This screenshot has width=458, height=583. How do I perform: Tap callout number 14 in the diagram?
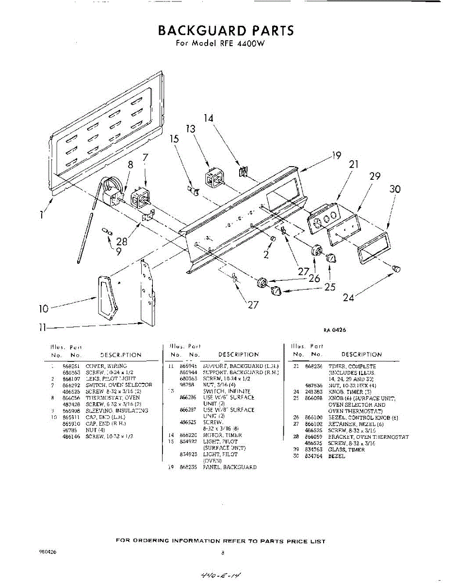pyautogui.click(x=209, y=118)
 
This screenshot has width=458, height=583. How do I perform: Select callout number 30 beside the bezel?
pyautogui.click(x=395, y=189)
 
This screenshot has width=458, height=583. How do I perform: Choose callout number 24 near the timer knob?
pyautogui.click(x=348, y=297)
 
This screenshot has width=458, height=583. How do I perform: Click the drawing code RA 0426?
pyautogui.click(x=335, y=330)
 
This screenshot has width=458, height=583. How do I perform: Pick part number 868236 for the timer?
pyautogui.click(x=313, y=366)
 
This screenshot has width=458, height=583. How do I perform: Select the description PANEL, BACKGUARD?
pyautogui.click(x=229, y=467)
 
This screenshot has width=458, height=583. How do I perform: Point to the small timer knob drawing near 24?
pyautogui.click(x=396, y=268)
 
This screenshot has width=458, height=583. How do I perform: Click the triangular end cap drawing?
pyautogui.click(x=108, y=297)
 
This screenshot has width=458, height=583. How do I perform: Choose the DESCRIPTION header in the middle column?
pyautogui.click(x=238, y=355)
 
